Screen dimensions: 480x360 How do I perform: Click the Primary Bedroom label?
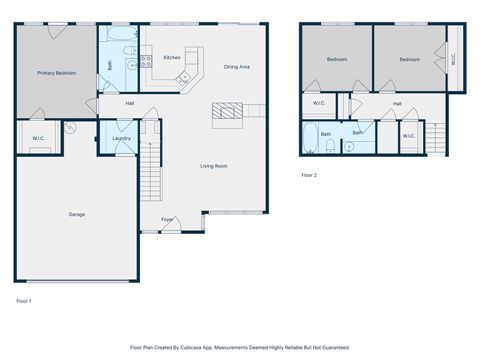56,73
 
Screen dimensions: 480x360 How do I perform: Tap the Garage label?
77,214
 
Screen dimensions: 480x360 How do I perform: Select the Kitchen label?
172,58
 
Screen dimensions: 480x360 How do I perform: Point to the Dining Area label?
237,67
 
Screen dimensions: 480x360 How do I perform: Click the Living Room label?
214,166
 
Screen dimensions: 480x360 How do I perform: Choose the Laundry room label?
121,138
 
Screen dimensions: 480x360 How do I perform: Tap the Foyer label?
167,219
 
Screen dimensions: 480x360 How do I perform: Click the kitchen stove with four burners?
146,61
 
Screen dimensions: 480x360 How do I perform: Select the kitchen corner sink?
183,78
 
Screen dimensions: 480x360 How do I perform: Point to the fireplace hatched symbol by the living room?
227,111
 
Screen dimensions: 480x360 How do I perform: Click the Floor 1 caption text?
24,301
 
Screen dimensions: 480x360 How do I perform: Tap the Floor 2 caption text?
309,175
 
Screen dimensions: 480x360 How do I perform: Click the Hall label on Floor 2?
397,104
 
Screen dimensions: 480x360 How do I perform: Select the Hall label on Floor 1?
130,104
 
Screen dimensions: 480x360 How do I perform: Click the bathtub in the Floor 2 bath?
310,138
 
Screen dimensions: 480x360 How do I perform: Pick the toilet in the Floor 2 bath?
330,146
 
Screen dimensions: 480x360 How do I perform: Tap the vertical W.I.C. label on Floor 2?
453,59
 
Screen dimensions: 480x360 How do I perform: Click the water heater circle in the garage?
71,127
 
